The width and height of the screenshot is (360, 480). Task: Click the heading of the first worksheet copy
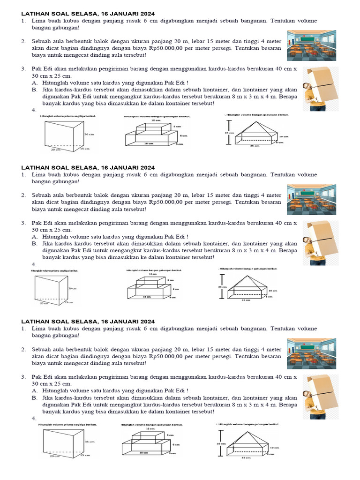coord(88,14)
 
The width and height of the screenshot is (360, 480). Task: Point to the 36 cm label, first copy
coord(89,135)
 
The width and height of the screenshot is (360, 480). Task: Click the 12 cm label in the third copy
coord(150,428)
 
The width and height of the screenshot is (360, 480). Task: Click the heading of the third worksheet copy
coord(88,321)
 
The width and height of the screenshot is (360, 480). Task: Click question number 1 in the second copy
coord(22,175)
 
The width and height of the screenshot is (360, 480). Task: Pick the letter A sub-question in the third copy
coord(34,390)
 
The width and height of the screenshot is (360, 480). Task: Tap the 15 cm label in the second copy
coord(68,302)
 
